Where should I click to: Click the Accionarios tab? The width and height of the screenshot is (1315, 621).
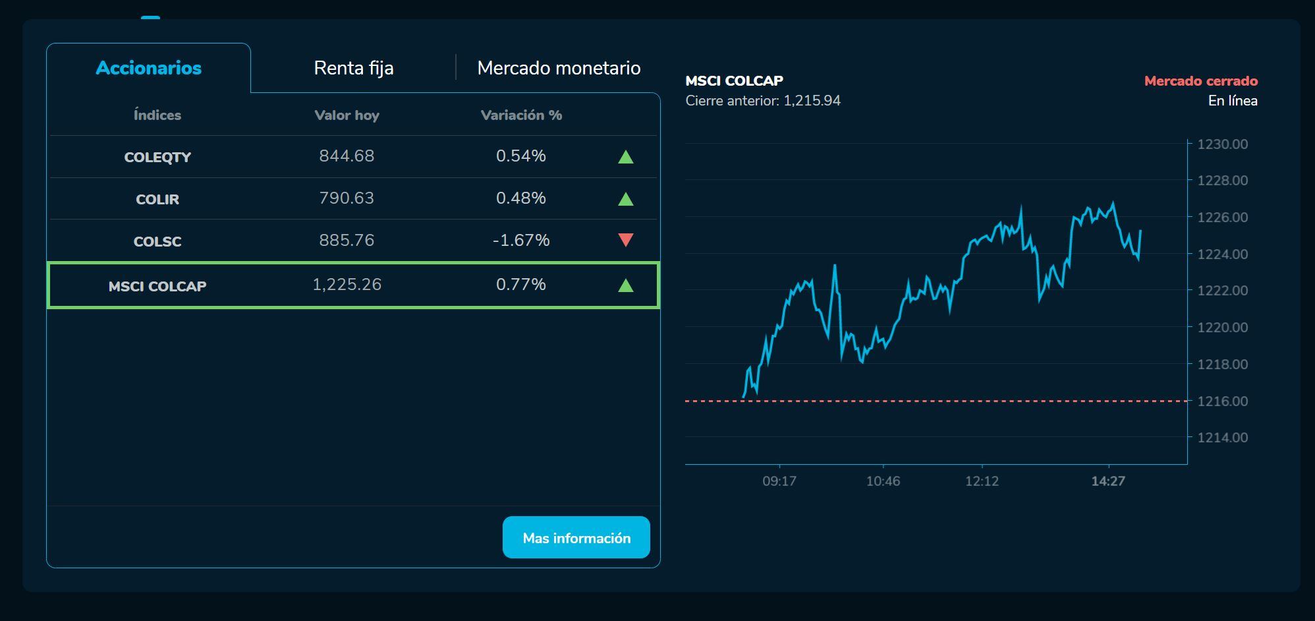pyautogui.click(x=148, y=68)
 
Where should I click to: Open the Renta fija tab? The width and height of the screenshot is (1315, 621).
pyautogui.click(x=353, y=68)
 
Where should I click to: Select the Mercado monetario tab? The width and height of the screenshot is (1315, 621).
pyautogui.click(x=559, y=68)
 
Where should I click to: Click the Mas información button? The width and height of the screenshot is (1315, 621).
pyautogui.click(x=576, y=538)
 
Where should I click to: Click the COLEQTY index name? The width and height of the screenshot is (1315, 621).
pyautogui.click(x=157, y=157)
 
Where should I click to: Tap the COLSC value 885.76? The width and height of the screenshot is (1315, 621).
pyautogui.click(x=347, y=240)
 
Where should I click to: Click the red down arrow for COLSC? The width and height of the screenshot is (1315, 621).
pyautogui.click(x=625, y=240)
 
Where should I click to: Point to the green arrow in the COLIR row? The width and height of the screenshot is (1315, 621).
pyautogui.click(x=625, y=198)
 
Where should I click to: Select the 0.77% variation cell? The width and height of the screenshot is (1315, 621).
pyautogui.click(x=520, y=284)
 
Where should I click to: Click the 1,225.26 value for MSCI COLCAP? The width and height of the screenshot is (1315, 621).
pyautogui.click(x=347, y=284)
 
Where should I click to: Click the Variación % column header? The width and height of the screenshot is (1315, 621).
pyautogui.click(x=521, y=115)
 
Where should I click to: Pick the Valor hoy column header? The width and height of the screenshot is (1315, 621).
pyautogui.click(x=347, y=115)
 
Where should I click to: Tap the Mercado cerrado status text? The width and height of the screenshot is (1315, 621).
pyautogui.click(x=1200, y=81)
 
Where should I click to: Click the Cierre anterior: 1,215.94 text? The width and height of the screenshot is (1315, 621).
pyautogui.click(x=763, y=101)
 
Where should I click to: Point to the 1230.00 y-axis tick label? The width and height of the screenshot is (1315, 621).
pyautogui.click(x=1222, y=144)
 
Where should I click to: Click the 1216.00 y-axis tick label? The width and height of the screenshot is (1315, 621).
pyautogui.click(x=1222, y=401)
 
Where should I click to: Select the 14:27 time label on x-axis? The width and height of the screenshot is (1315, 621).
pyautogui.click(x=1107, y=481)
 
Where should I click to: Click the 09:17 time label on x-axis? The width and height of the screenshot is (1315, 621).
pyautogui.click(x=779, y=481)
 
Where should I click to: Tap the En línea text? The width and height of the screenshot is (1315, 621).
pyautogui.click(x=1232, y=101)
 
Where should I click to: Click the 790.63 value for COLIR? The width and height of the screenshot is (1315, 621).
pyautogui.click(x=347, y=198)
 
